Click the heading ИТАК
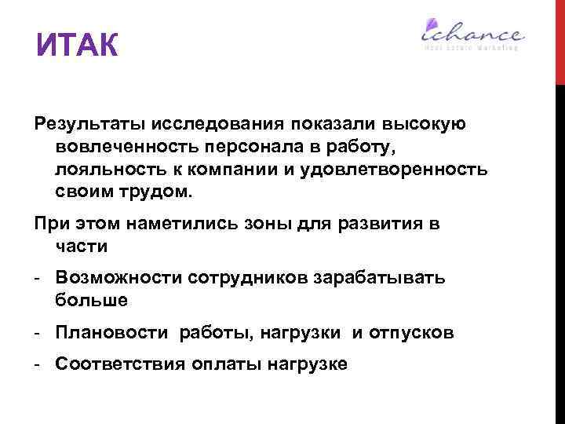77,46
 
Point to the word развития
379,224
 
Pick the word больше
91,300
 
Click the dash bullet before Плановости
38,333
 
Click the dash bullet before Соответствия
38,364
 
